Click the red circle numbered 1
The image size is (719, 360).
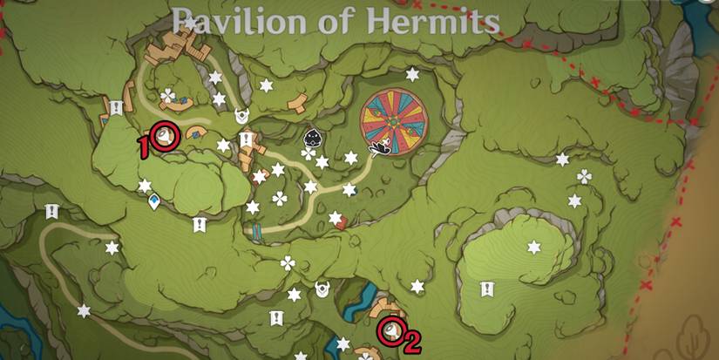[166, 137]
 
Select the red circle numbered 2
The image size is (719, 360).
[390, 330]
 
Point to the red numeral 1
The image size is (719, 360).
[145, 148]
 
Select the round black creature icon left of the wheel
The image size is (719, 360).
[311, 138]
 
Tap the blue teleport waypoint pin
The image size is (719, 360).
[154, 203]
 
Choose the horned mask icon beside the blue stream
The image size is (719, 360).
[323, 287]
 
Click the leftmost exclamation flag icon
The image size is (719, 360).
[51, 211]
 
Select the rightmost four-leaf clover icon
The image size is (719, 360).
[584, 177]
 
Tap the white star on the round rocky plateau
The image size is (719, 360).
[533, 248]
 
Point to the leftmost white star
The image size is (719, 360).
[84, 310]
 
